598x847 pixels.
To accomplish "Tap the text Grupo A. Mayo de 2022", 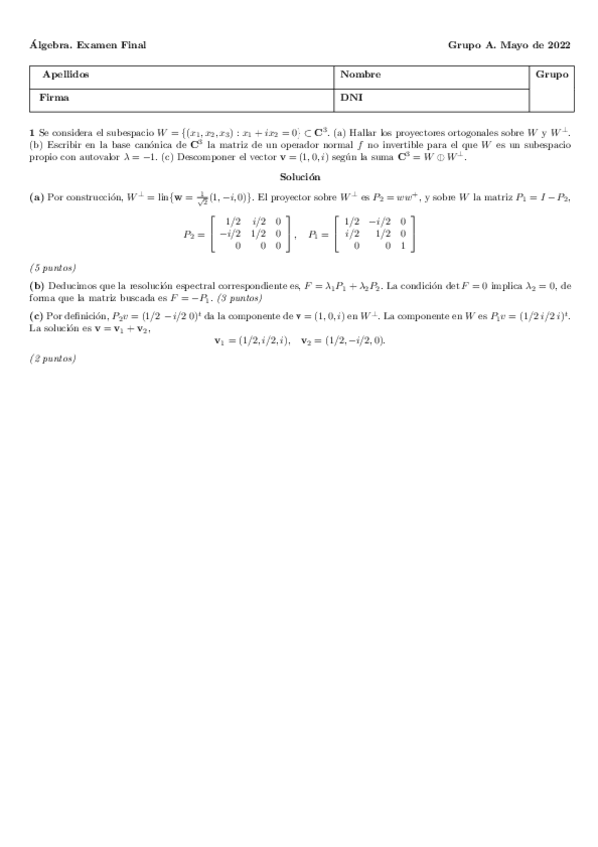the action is click(509, 45).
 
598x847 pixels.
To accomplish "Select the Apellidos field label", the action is click(66, 75).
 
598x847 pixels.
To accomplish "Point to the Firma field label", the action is click(55, 98).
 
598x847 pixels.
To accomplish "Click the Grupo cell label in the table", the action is click(552, 75).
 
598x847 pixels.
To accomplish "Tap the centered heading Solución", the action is click(299, 176).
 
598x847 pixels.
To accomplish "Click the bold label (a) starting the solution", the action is click(37, 197).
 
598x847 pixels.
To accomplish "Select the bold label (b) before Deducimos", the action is click(37, 285).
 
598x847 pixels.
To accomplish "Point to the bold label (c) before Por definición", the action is click(37, 316).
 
